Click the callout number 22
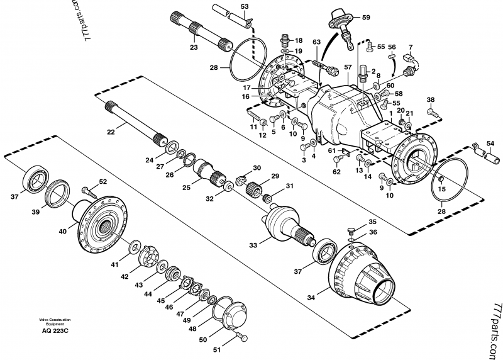coord(111,132)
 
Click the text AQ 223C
coord(55,330)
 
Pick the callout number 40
coord(63,231)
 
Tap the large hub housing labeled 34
coord(362,271)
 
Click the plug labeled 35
coord(351,230)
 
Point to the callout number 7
coord(411,47)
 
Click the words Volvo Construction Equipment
coord(55,321)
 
